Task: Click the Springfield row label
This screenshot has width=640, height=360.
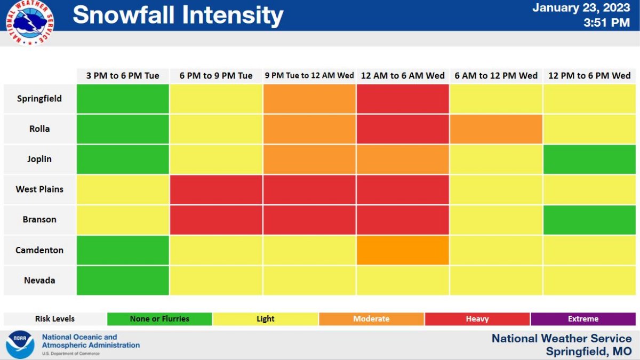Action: pos(39,99)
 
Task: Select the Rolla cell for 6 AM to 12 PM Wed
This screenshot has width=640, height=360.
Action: pos(496,129)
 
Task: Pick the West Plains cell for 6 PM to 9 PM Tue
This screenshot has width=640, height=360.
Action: pos(216,189)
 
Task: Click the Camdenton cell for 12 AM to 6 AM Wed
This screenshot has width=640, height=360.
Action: pos(403,250)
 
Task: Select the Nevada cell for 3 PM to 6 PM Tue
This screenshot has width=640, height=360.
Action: pos(123,281)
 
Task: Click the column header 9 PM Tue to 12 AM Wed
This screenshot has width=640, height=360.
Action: pos(309,76)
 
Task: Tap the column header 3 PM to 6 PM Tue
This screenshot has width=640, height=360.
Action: pos(123,76)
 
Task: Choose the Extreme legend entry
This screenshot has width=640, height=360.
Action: pos(583,319)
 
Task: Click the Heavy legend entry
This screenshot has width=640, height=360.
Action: pos(477,319)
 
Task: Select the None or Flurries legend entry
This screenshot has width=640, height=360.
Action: pos(159,319)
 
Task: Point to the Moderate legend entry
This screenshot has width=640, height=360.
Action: pos(371,319)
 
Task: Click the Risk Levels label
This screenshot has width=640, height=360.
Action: pos(55,319)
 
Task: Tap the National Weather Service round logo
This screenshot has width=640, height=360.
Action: pos(29,21)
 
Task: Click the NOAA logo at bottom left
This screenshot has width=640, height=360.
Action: pos(20,345)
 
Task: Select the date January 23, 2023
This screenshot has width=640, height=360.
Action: pos(581,8)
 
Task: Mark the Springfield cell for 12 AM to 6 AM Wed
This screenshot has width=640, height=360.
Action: pos(403,99)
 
